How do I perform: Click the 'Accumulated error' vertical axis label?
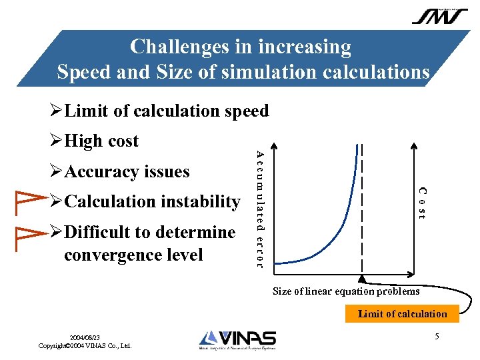click(261, 207)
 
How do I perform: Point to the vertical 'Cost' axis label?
click(421, 203)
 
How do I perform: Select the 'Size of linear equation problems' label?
click(346, 291)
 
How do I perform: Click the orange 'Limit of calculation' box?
click(402, 313)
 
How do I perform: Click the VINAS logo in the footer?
click(237, 340)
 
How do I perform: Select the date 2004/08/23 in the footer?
click(85, 338)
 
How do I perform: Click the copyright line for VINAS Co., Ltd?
click(85, 346)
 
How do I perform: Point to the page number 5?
click(437, 337)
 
